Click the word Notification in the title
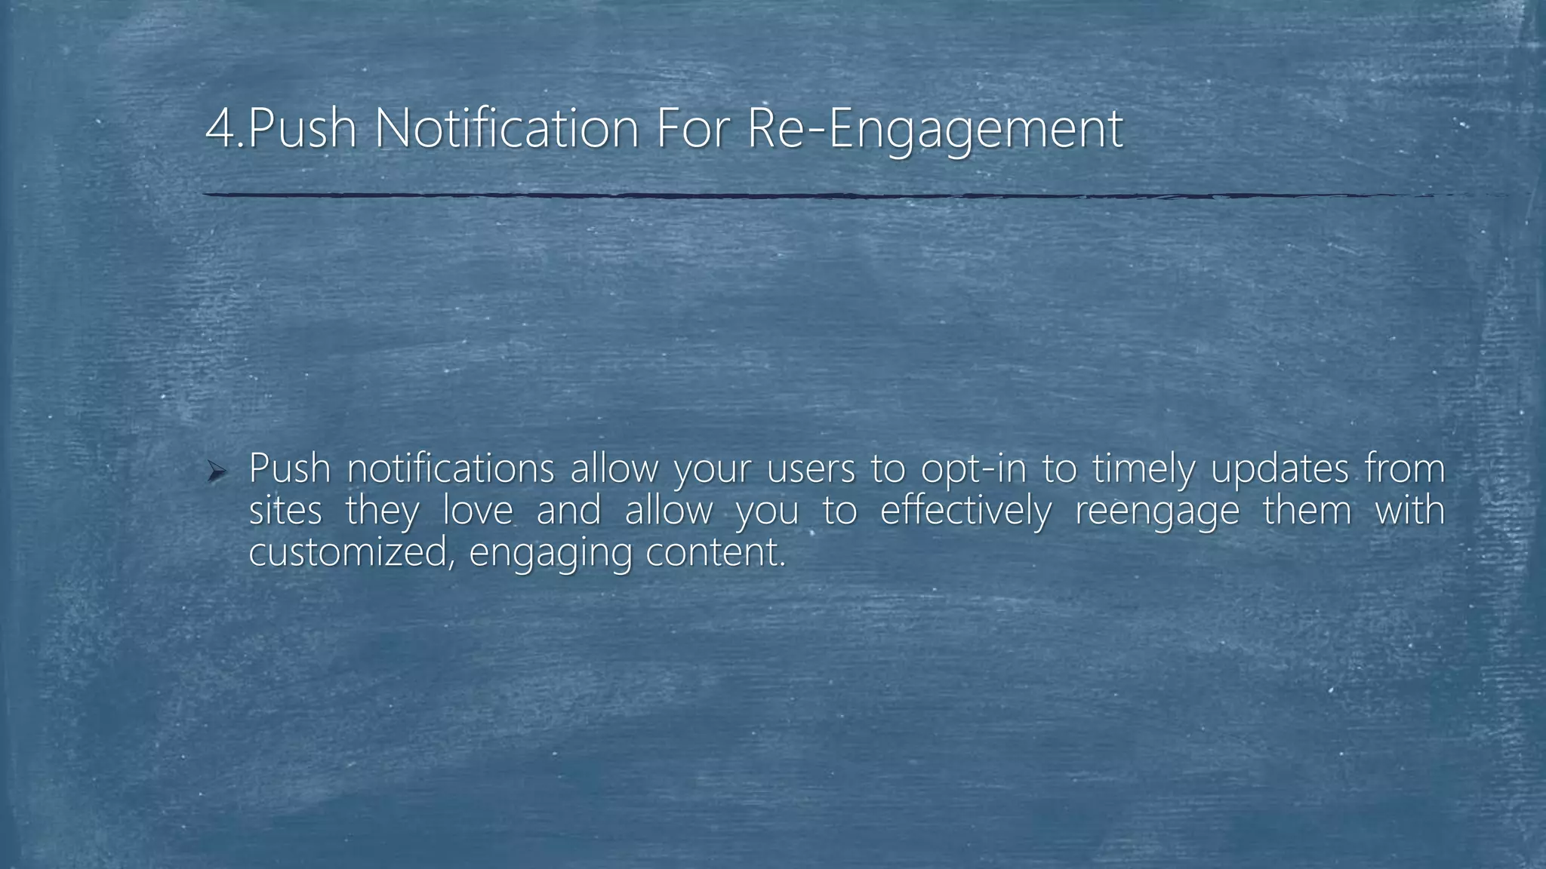point(507,128)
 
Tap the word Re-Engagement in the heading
point(935,128)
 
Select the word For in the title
point(694,128)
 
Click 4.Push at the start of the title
point(281,128)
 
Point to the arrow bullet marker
point(217,473)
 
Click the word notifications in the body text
point(451,469)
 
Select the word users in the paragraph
point(810,469)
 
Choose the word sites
point(285,511)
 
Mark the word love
point(477,511)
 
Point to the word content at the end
point(716,553)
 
